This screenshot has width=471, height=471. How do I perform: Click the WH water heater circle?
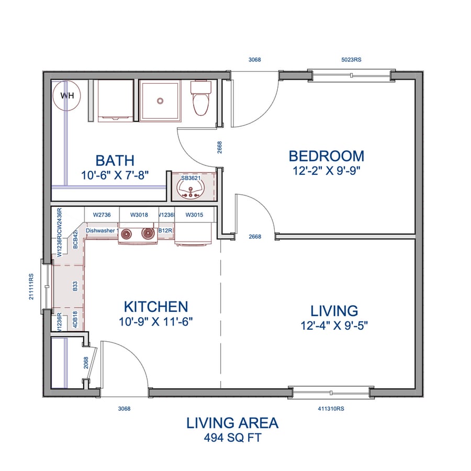pyautogui.click(x=67, y=95)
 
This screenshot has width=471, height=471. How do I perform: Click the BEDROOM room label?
pyautogui.click(x=326, y=156)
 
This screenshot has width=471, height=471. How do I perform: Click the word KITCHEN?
pyautogui.click(x=155, y=307)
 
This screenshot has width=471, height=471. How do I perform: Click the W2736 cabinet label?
pyautogui.click(x=102, y=215)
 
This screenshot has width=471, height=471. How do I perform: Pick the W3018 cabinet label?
pyautogui.click(x=139, y=215)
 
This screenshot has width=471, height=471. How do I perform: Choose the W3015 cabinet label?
pyautogui.click(x=194, y=215)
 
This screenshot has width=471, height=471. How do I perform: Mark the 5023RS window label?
pyautogui.click(x=351, y=60)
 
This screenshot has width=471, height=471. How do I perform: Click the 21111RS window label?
pyautogui.click(x=32, y=286)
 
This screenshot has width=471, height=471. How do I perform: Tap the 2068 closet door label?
pyautogui.click(x=86, y=363)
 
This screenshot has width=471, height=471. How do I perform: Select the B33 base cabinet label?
pyautogui.click(x=75, y=286)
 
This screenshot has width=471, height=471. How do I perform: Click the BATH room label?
pyautogui.click(x=115, y=160)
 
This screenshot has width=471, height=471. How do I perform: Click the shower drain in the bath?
pyautogui.click(x=160, y=99)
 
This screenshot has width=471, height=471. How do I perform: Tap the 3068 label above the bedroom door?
pyautogui.click(x=254, y=60)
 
